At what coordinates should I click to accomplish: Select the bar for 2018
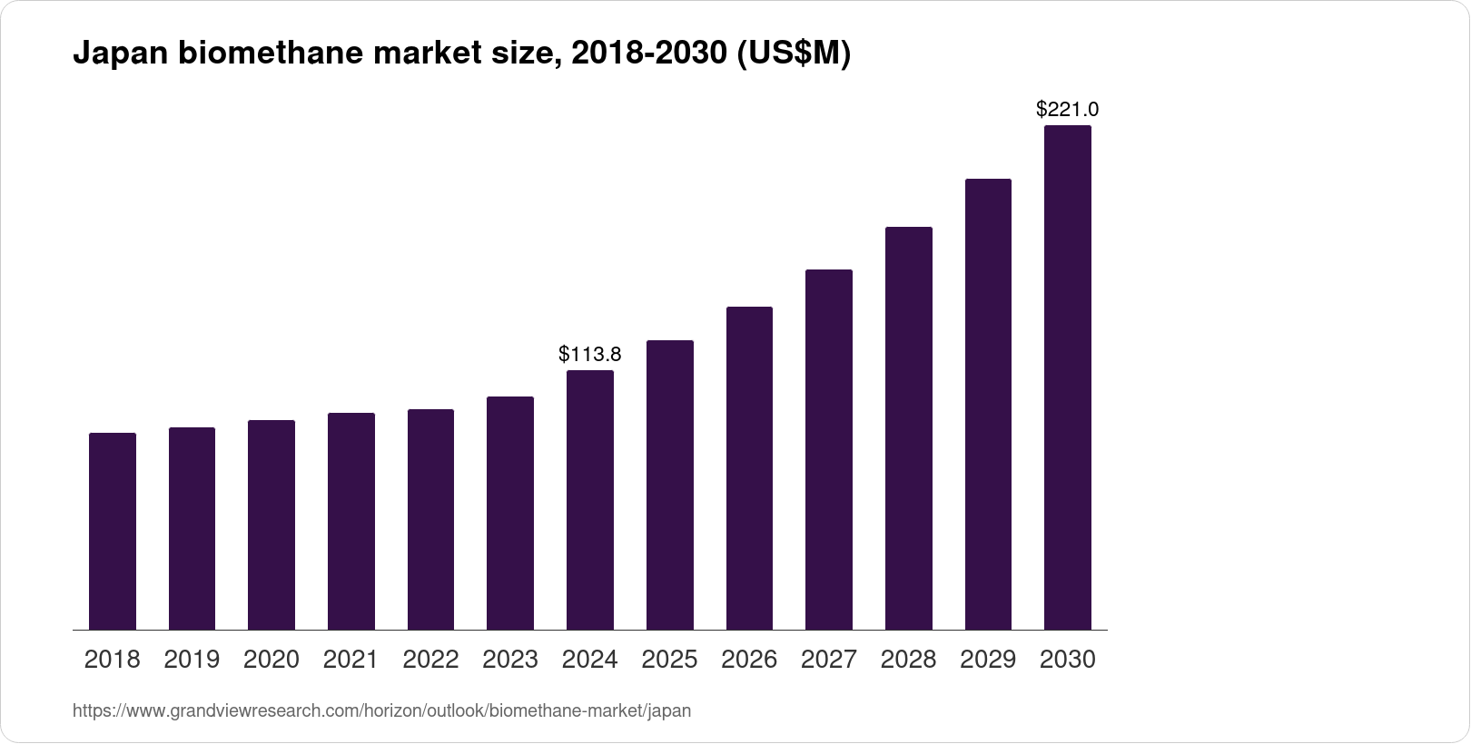pyautogui.click(x=113, y=531)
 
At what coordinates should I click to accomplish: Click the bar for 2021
pyautogui.click(x=351, y=521)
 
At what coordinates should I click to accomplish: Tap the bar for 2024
pyautogui.click(x=590, y=499)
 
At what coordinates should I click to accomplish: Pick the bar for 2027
pyautogui.click(x=829, y=449)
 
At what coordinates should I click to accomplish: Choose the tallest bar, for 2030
pyautogui.click(x=1068, y=377)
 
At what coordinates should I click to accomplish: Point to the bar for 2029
pyautogui.click(x=988, y=404)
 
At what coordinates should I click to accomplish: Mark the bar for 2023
pyautogui.click(x=510, y=513)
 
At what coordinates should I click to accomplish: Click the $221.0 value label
pyautogui.click(x=1068, y=110)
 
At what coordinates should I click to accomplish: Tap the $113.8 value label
pyautogui.click(x=590, y=354)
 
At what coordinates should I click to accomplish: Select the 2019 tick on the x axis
pyautogui.click(x=192, y=660)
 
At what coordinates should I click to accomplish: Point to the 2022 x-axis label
pyautogui.click(x=430, y=660)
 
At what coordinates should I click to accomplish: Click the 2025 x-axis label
pyautogui.click(x=669, y=660)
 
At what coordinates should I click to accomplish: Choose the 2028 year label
pyautogui.click(x=908, y=660)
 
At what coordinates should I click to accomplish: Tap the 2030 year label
pyautogui.click(x=1068, y=660)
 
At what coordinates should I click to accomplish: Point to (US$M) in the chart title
pyautogui.click(x=793, y=54)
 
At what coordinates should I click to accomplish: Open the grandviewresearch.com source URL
pyautogui.click(x=381, y=711)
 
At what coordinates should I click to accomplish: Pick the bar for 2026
pyautogui.click(x=749, y=468)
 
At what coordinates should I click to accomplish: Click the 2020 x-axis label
pyautogui.click(x=271, y=660)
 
